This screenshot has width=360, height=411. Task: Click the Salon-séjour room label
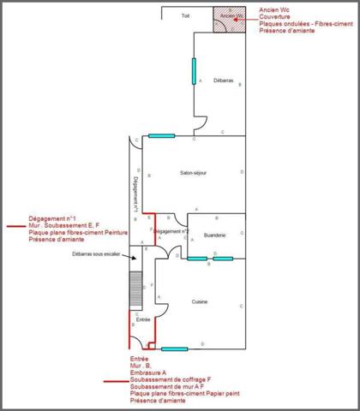[x=193, y=173]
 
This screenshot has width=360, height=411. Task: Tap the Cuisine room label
[x=199, y=301]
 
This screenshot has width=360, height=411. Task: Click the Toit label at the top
[x=184, y=16]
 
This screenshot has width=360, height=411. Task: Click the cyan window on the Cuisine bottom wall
[x=174, y=348]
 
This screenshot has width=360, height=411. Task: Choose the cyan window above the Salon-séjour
[x=161, y=136]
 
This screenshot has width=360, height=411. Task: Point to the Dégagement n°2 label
[x=171, y=231]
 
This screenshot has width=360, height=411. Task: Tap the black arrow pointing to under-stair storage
[x=129, y=253]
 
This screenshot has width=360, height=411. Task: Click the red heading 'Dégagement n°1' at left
[x=51, y=217]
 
